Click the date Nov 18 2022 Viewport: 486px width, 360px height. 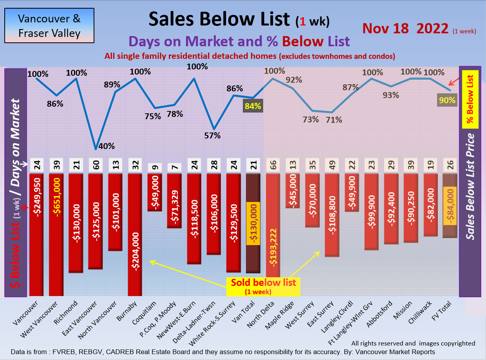pyautogui.click(x=405, y=29)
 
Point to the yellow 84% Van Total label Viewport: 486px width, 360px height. pyautogui.click(x=253, y=106)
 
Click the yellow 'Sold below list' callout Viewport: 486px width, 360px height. pyautogui.click(x=263, y=286)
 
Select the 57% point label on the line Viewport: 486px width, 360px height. pyautogui.click(x=213, y=136)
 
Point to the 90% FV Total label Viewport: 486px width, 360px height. pyautogui.click(x=446, y=100)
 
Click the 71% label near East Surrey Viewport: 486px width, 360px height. pyautogui.click(x=334, y=120)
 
